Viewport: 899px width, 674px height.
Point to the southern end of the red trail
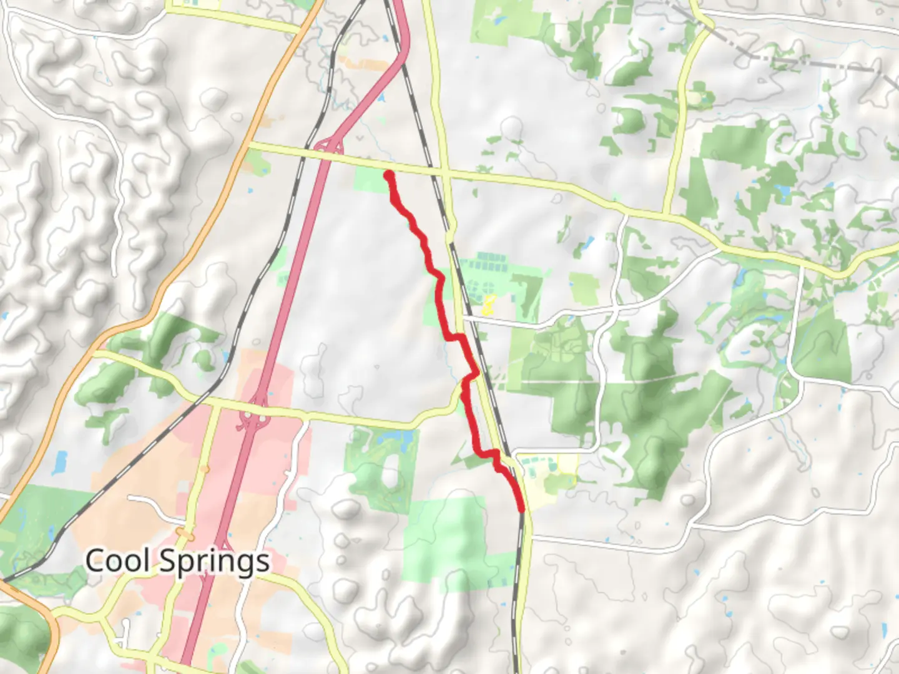pos(521,509)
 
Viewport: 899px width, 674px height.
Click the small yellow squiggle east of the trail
pos(488,305)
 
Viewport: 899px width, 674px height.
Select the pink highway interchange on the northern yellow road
pos(329,147)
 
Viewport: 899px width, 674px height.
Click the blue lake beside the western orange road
pos(61,462)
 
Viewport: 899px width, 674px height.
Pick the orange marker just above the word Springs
pos(185,535)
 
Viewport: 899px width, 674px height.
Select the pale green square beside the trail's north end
pos(370,180)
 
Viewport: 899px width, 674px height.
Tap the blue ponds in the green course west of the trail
pos(397,439)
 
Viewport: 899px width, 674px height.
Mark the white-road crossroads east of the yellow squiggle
pos(616,309)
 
